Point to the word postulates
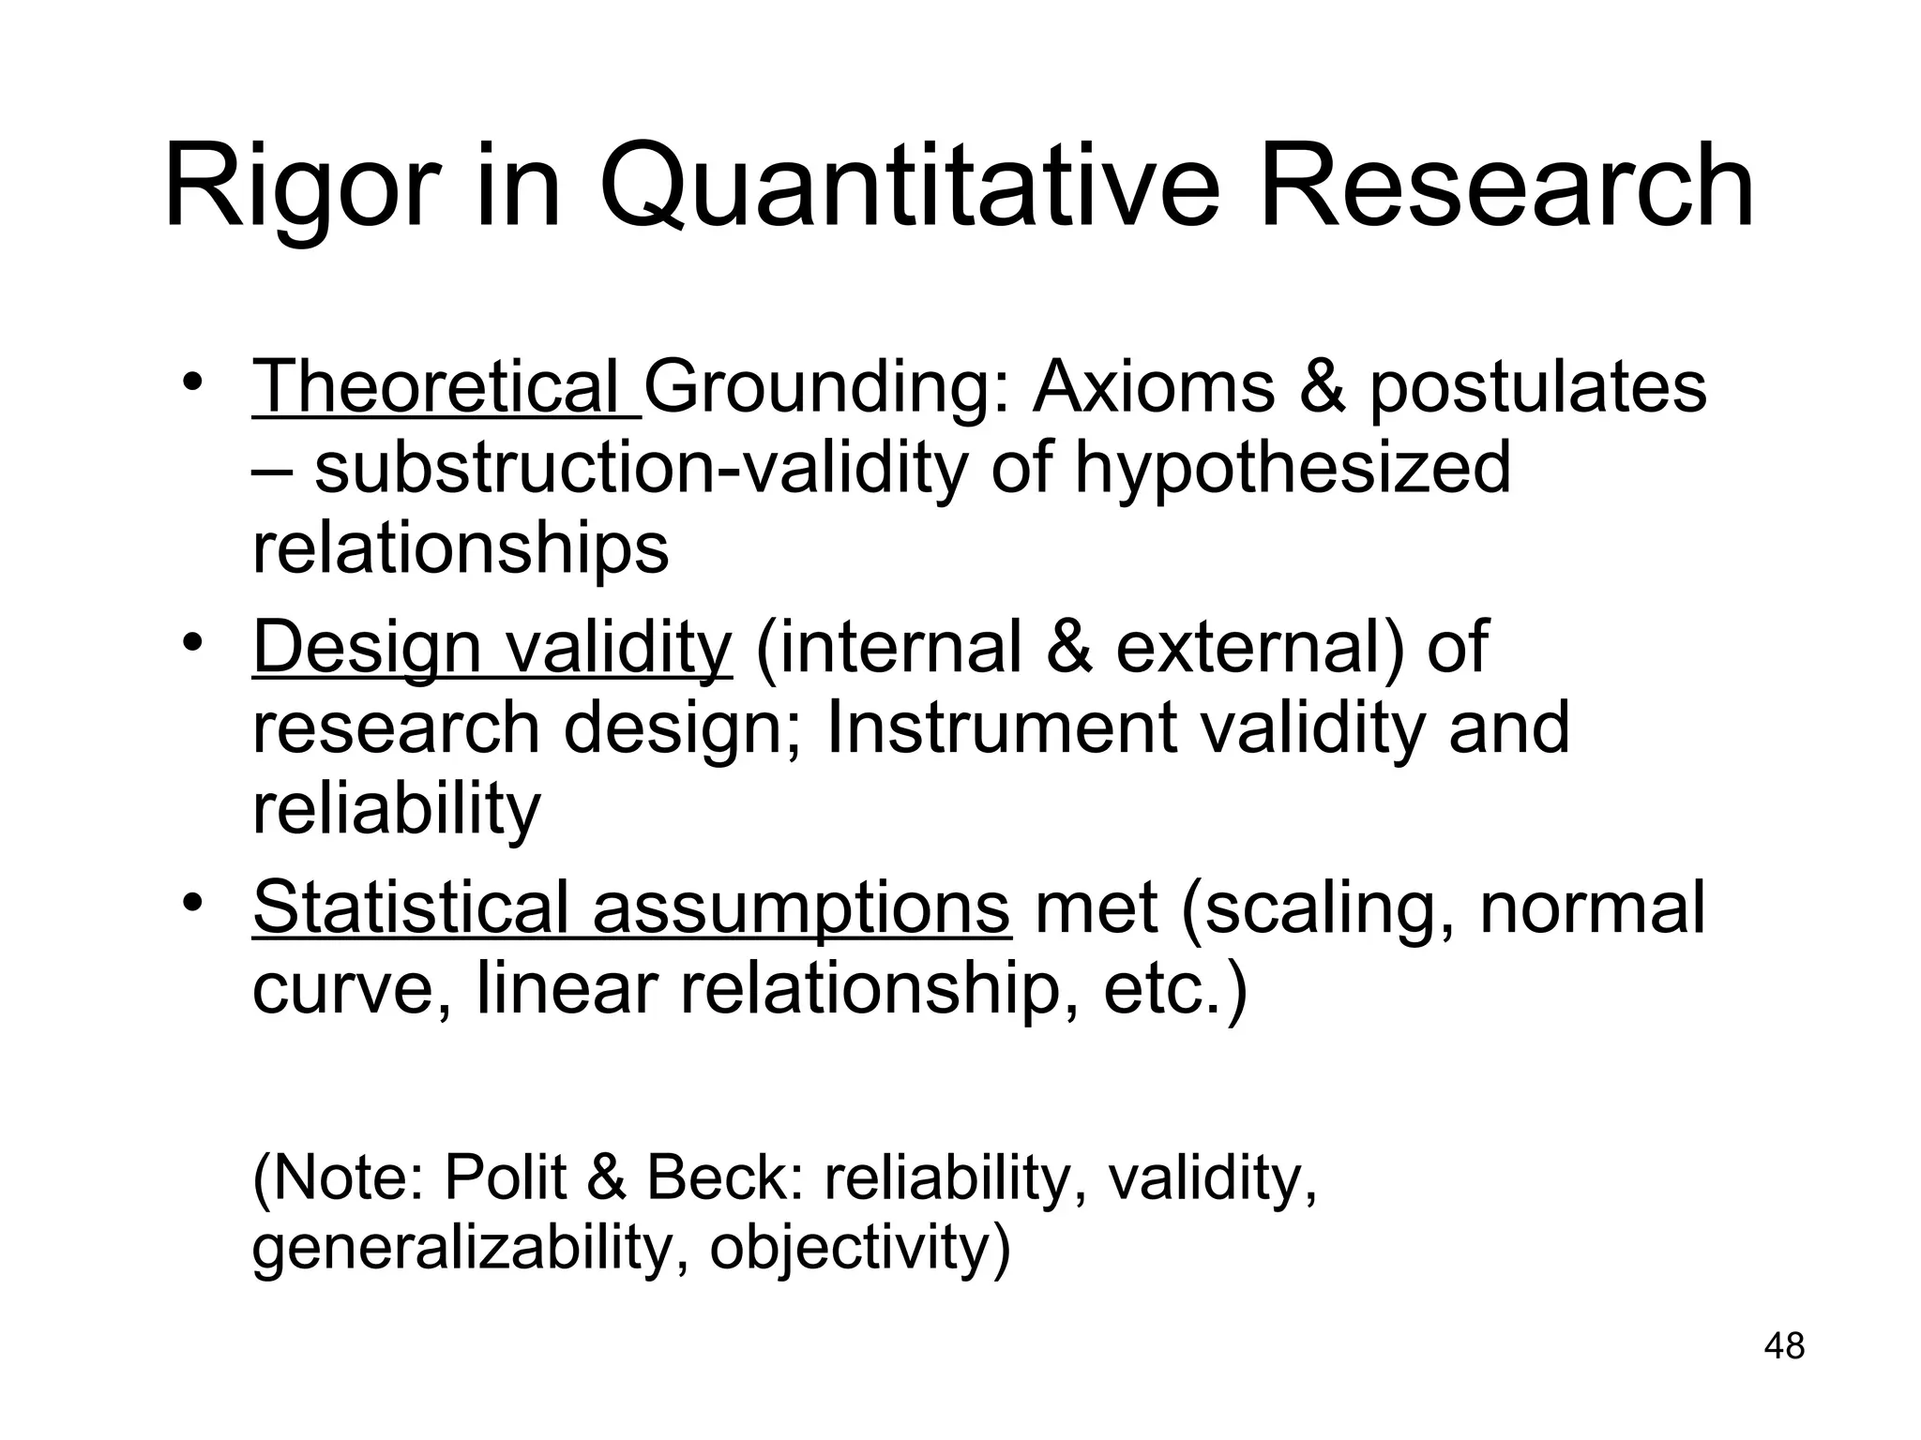(x=1536, y=388)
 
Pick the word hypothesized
(x=1292, y=469)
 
